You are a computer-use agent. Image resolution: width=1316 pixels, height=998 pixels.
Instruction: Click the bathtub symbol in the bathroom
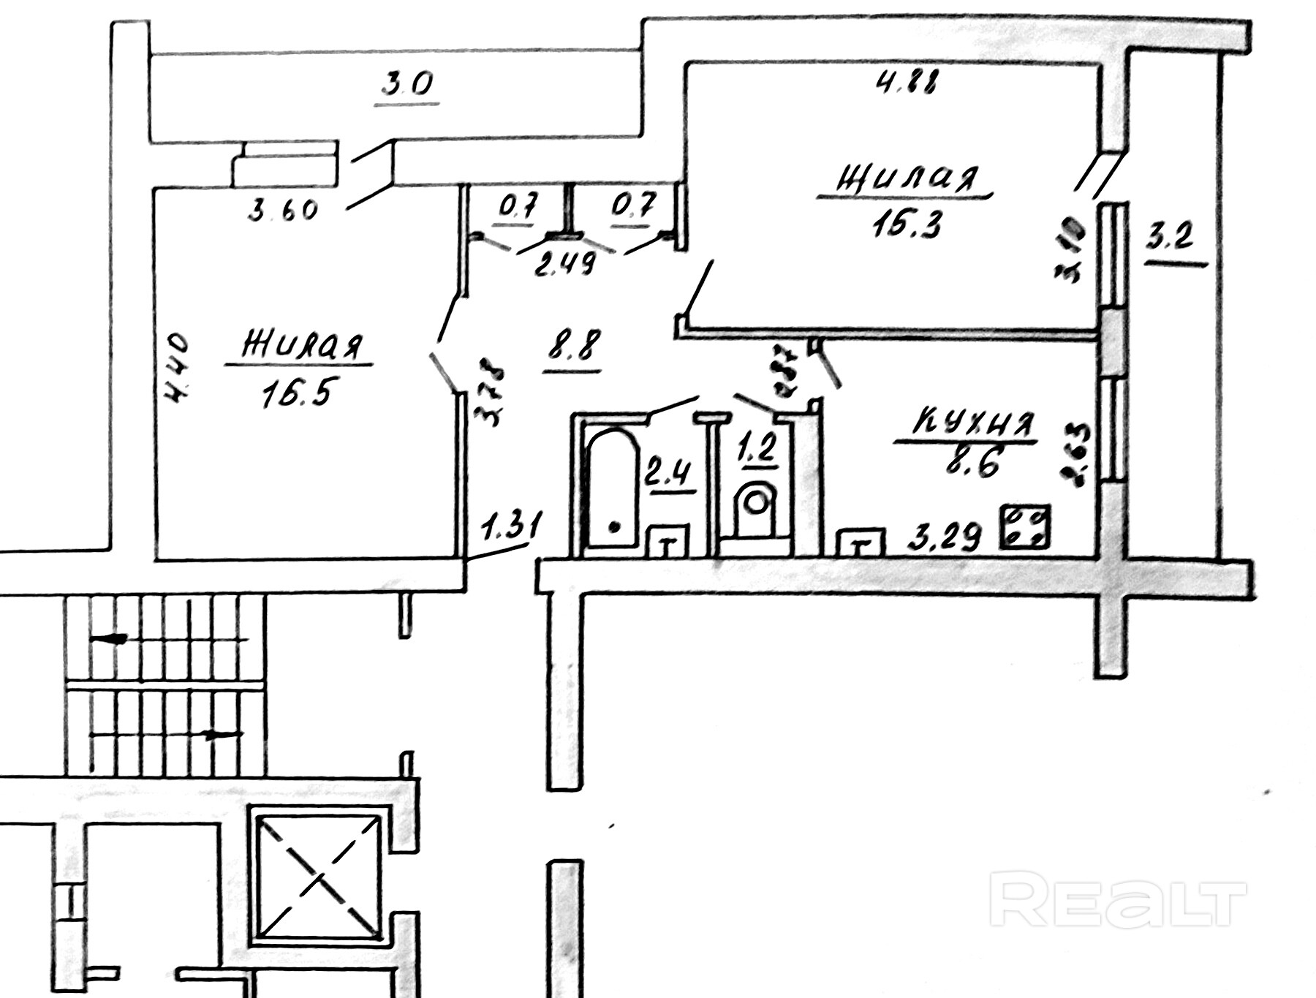tap(612, 488)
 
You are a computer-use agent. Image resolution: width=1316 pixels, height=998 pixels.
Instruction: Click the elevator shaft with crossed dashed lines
tap(316, 872)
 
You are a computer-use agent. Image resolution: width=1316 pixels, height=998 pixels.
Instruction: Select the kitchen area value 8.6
tap(972, 463)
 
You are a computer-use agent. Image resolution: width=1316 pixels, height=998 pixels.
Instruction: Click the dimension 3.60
tap(283, 210)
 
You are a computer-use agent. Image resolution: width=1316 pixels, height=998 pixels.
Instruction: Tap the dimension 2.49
tap(564, 263)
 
